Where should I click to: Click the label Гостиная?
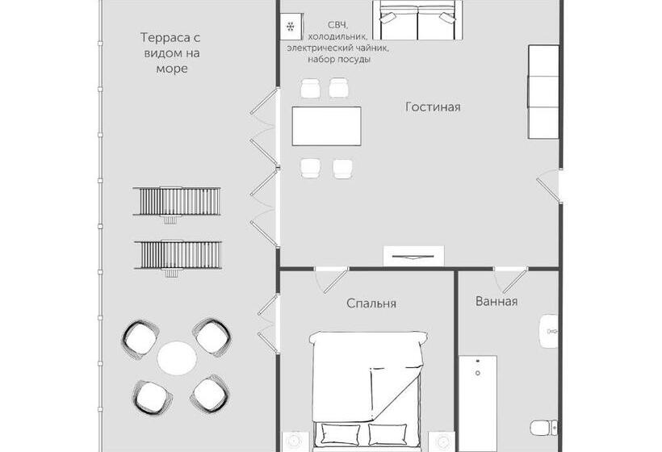coord(433,107)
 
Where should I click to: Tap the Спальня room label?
coord(371,303)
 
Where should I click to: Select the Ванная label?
coord(497,301)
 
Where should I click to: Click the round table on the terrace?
coord(177,358)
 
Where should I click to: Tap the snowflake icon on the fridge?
coord(291,27)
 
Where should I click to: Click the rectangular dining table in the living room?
coord(326,126)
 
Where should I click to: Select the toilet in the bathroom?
coord(544,428)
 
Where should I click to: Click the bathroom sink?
coord(548,331)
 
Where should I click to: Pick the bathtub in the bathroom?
coord(477,403)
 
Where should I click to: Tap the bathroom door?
coord(511,280)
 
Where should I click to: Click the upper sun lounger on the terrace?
coord(177,202)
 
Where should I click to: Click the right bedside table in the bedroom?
coord(442,442)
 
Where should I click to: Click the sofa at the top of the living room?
coord(417,20)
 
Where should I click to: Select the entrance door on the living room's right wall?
coord(548,186)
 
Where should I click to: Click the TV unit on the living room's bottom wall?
coord(413,256)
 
